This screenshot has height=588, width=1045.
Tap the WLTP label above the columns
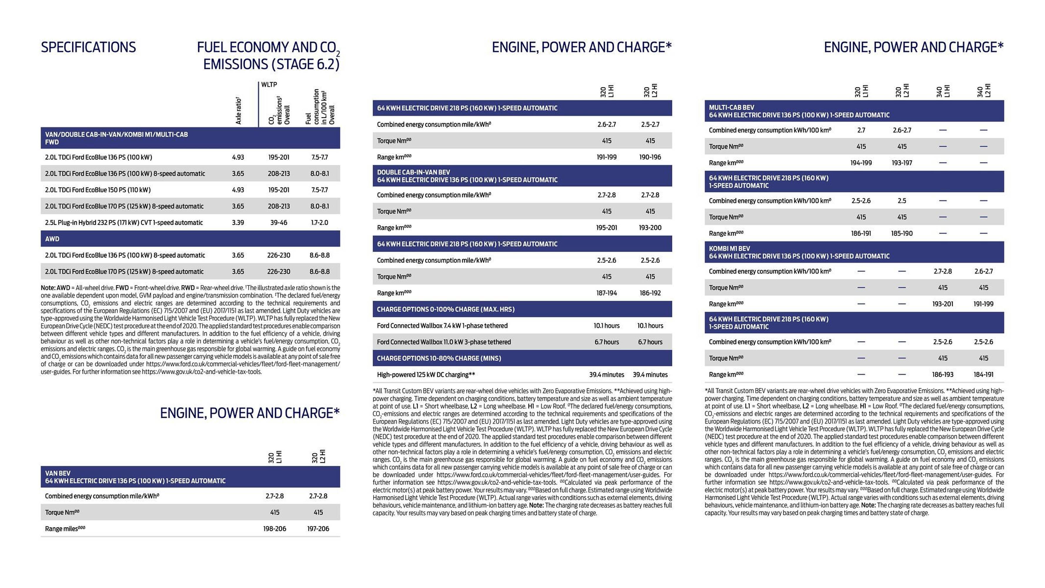pos(269,85)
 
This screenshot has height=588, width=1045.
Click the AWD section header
pos(52,239)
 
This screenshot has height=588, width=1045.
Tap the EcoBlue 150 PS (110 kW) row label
pos(98,190)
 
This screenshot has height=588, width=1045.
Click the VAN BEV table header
pos(135,477)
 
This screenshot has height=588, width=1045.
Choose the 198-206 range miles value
pos(275,529)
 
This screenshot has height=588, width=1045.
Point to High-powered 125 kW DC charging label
pos(426,375)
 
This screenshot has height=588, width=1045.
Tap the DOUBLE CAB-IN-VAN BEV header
pos(467,176)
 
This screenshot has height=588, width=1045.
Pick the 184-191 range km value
pos(983,375)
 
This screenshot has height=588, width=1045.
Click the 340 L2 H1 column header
pos(983,91)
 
